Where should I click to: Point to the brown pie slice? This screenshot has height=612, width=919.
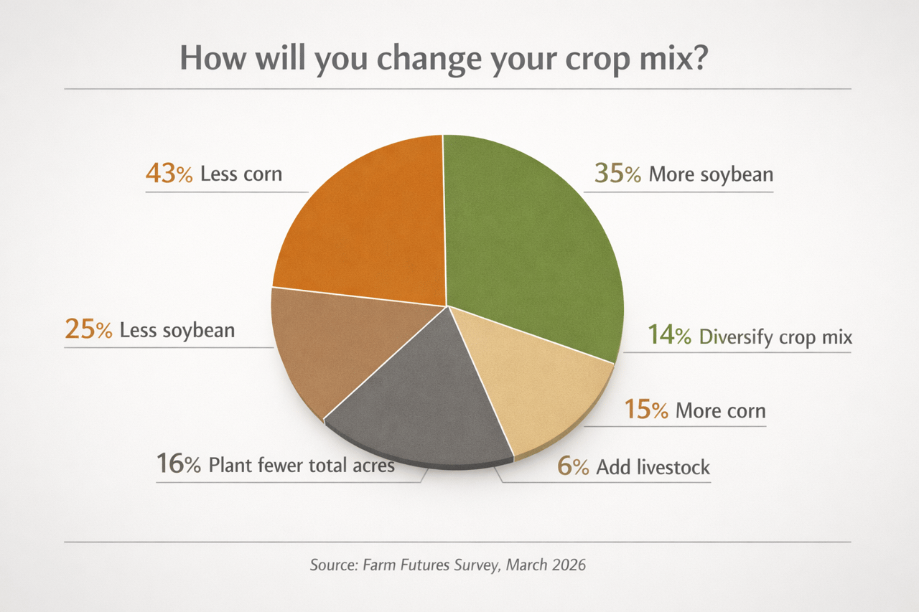(x=323, y=344)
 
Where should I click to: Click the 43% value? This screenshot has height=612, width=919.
(x=169, y=174)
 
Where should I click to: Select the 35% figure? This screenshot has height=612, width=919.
(x=617, y=174)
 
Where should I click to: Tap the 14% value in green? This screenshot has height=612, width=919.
(x=670, y=336)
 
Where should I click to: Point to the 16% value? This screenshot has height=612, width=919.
(x=179, y=464)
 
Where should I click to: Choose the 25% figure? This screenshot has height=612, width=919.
(x=88, y=330)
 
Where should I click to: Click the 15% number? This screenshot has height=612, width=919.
(x=646, y=410)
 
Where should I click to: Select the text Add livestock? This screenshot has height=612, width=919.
(x=653, y=468)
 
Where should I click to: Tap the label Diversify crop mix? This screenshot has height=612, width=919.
(x=775, y=336)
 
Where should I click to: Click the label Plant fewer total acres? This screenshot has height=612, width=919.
(x=302, y=465)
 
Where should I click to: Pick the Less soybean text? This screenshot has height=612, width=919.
(x=177, y=330)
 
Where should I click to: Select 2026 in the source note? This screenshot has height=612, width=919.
(x=569, y=565)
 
